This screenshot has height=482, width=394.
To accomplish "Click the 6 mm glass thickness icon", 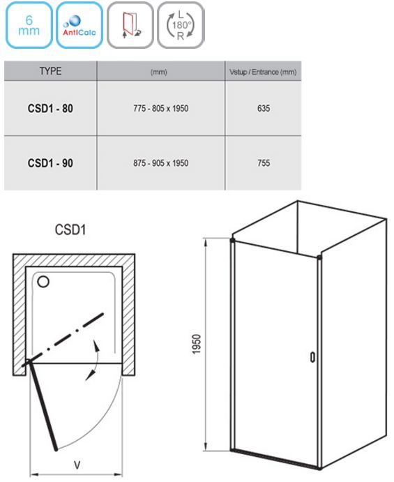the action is click(x=29, y=25).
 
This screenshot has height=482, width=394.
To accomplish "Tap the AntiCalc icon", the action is click(x=79, y=25).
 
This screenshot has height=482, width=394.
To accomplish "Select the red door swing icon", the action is click(x=130, y=25).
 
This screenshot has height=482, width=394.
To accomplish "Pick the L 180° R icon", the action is click(x=181, y=25).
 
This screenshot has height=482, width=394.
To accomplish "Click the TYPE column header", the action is click(x=50, y=71).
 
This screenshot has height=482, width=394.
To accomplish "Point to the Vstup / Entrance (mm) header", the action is click(x=263, y=73).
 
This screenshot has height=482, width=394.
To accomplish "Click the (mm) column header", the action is click(x=158, y=73).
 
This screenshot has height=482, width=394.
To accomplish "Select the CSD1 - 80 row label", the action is click(x=50, y=109).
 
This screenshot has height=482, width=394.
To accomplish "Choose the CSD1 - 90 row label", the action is click(x=50, y=163).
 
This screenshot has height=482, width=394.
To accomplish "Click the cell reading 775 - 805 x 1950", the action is click(x=160, y=109).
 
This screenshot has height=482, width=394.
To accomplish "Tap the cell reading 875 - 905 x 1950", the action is click(x=160, y=163).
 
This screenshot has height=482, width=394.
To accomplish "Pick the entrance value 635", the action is click(x=264, y=109).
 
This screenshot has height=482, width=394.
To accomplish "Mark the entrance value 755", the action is click(x=264, y=163).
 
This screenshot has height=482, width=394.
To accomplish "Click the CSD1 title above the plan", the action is click(x=70, y=229).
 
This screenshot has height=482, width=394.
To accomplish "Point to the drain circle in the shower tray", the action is click(x=43, y=282).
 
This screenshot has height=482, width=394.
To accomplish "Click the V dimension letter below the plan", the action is click(x=77, y=465).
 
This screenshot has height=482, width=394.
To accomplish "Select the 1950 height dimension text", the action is click(x=196, y=344).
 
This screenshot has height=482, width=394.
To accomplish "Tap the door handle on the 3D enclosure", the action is click(x=312, y=357).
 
